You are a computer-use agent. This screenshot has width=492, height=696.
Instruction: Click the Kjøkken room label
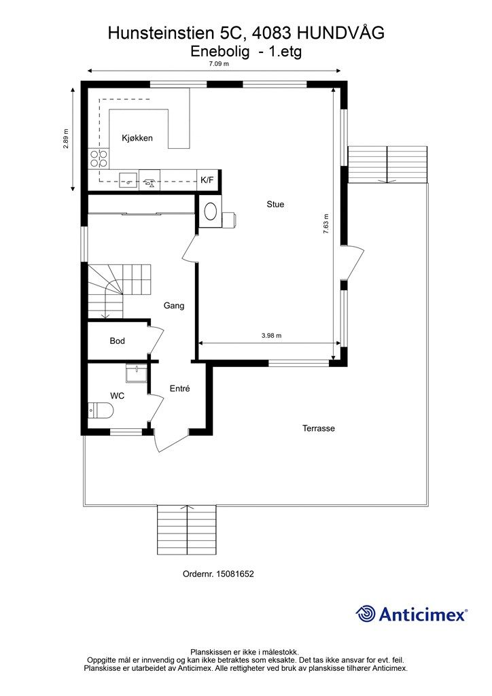pos(137,138)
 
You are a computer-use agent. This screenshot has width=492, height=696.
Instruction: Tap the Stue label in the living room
pos(275,204)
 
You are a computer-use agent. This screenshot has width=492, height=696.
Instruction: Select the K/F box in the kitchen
pos(207,180)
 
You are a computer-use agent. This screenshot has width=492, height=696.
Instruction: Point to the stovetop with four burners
pos(99,158)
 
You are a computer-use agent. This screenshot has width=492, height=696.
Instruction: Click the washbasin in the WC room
pos(136,373)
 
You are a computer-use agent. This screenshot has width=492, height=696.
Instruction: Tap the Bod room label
pos(117,341)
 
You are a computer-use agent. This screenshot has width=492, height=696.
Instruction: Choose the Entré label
pos(179,388)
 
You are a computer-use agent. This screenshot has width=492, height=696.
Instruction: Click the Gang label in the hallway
pos(174,305)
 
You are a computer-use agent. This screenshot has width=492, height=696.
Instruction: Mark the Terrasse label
pos(319,428)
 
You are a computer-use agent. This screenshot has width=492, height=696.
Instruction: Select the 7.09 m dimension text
pos(219,63)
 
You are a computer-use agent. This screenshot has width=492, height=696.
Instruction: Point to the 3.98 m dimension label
pos(272,336)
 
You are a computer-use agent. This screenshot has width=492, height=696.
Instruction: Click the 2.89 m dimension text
pos(66,139)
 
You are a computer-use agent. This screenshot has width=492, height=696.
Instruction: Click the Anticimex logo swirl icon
pos(366,614)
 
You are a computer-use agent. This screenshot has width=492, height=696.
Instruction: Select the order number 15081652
pos(234,574)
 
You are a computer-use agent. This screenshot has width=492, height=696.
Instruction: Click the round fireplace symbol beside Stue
pos(210,211)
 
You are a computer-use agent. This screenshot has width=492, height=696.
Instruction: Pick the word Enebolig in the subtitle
pos(220,52)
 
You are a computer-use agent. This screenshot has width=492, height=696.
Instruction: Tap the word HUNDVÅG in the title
pos(340,33)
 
